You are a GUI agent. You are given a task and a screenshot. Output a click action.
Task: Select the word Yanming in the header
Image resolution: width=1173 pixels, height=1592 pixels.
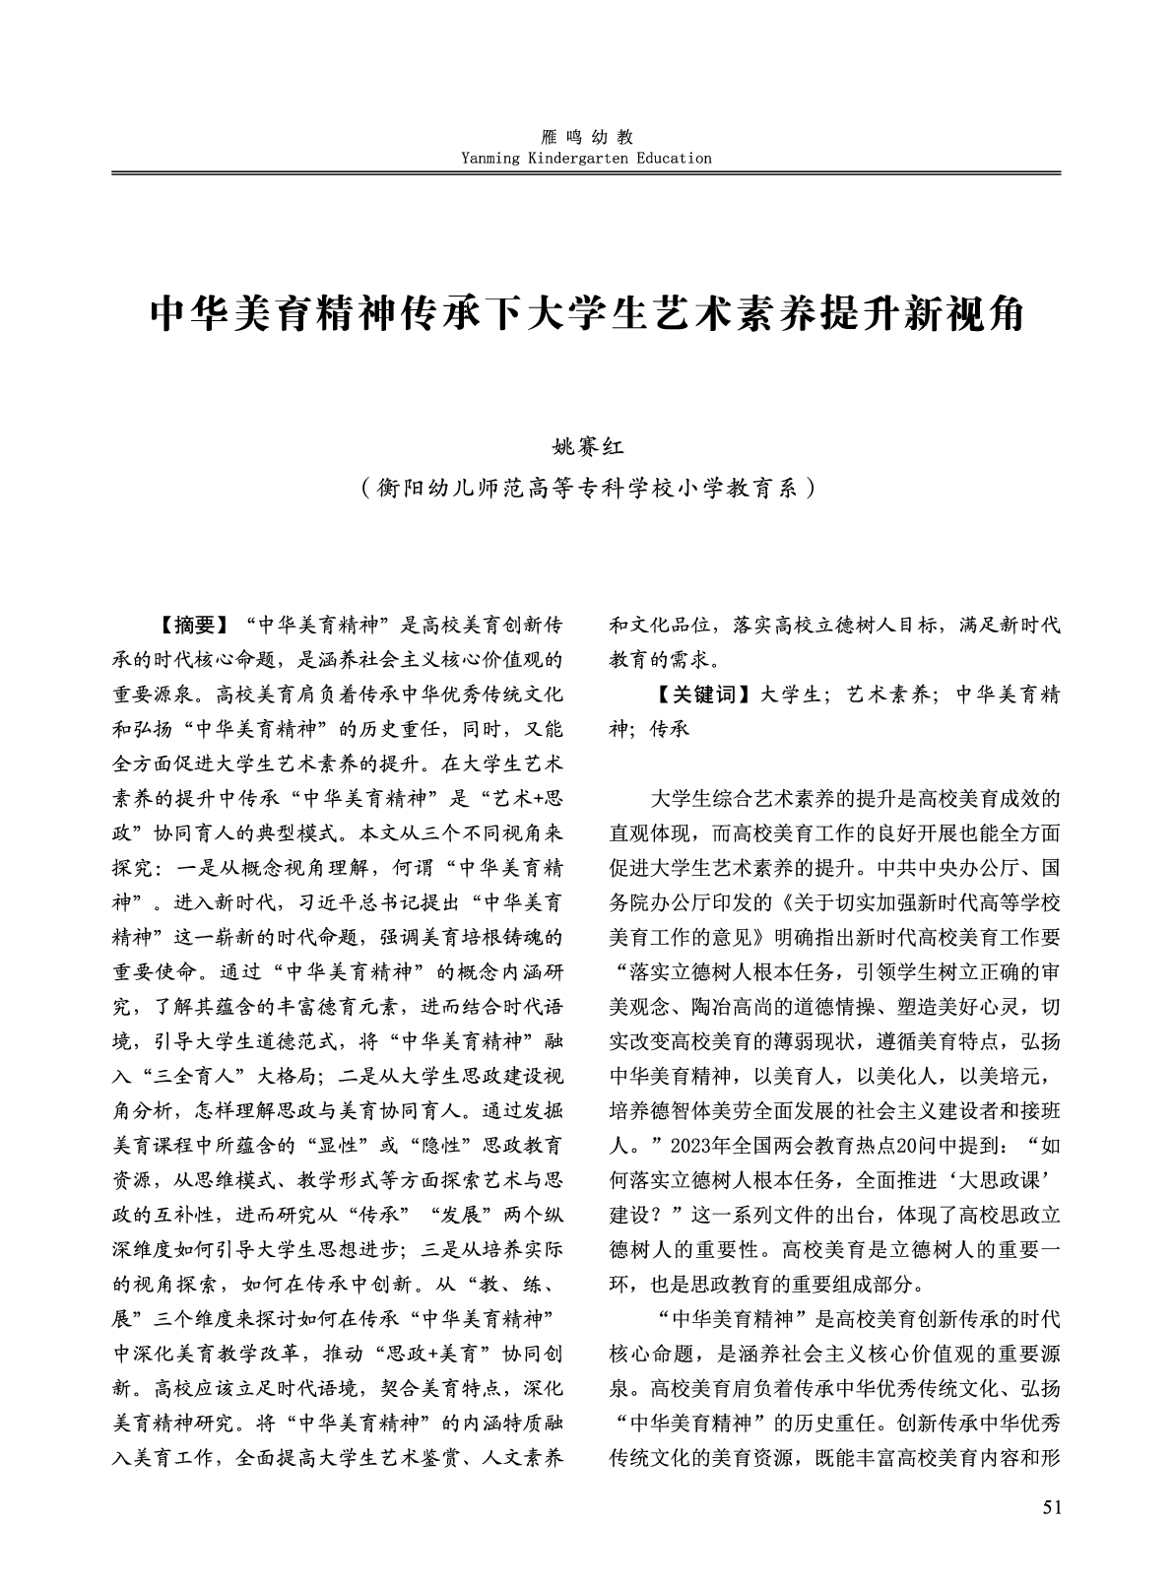point(489,158)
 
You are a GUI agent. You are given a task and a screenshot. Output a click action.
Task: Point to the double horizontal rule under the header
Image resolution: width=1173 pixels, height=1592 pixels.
point(586,173)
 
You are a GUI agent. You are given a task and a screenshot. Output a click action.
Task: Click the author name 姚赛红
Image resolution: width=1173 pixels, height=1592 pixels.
point(586,448)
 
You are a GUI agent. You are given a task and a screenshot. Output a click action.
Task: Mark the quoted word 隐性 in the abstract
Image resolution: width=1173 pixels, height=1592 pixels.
point(410,1146)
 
